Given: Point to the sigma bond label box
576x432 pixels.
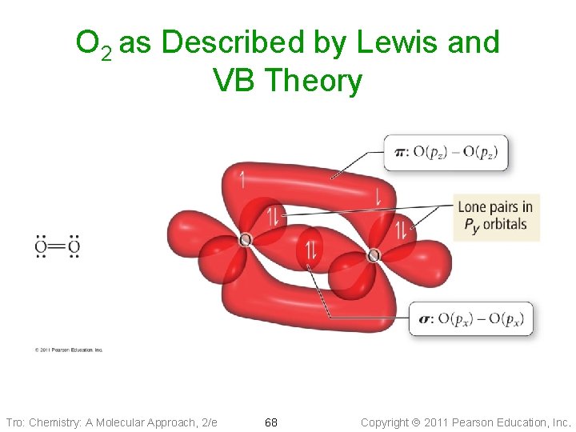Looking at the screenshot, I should pyautogui.click(x=470, y=319).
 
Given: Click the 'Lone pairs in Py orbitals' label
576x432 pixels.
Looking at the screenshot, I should pyautogui.click(x=495, y=216).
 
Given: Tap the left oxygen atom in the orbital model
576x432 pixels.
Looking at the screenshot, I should pyautogui.click(x=245, y=240).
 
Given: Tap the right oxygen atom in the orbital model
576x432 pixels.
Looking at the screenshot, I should pyautogui.click(x=374, y=256).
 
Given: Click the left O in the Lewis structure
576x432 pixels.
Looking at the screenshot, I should pyautogui.click(x=40, y=247).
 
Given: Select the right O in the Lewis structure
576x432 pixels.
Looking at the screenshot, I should pyautogui.click(x=74, y=247).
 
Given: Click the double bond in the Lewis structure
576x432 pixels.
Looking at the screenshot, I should pyautogui.click(x=57, y=247).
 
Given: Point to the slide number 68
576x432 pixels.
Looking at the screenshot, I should pyautogui.click(x=271, y=422).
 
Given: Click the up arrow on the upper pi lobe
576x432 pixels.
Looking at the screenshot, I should pyautogui.click(x=242, y=179).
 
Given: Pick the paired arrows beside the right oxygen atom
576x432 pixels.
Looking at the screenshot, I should pyautogui.click(x=400, y=231).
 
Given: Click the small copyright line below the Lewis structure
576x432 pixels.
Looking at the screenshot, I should pyautogui.click(x=69, y=350).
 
